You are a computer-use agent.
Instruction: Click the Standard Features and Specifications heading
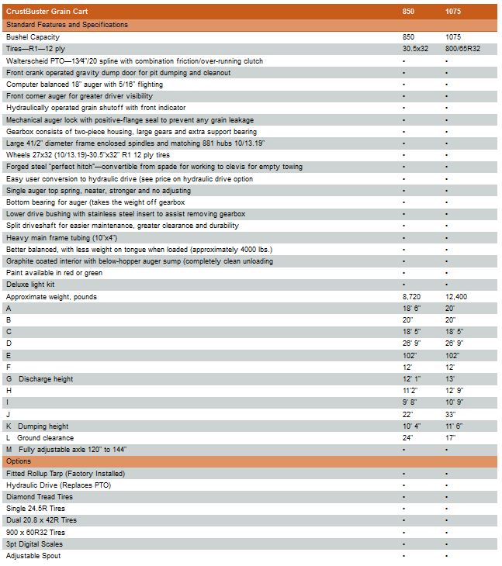click(67, 25)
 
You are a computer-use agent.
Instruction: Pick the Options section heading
click(19, 461)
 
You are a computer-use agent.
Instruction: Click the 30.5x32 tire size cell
click(416, 49)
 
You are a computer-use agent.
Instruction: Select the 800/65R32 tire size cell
click(462, 49)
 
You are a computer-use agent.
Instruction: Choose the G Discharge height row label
click(40, 379)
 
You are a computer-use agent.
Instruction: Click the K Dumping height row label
click(38, 426)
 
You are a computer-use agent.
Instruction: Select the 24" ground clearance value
click(408, 438)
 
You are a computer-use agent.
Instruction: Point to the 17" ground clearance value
click(451, 438)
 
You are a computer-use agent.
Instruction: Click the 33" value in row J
click(451, 415)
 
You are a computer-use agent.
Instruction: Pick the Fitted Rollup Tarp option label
click(65, 473)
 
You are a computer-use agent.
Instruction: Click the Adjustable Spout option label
click(33, 556)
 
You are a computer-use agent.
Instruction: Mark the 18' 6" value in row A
click(412, 309)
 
